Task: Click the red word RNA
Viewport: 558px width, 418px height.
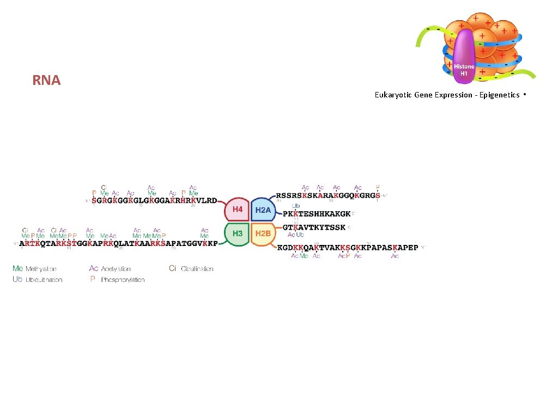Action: click(x=46, y=81)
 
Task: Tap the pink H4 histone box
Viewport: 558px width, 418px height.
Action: click(x=238, y=209)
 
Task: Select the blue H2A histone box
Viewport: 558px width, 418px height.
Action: click(x=263, y=209)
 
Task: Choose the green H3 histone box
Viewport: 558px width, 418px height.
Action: click(x=238, y=233)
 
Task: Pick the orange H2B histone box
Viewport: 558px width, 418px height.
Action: click(x=263, y=233)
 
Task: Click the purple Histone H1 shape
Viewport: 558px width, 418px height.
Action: click(x=464, y=57)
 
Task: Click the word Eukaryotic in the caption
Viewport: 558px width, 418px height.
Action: click(x=393, y=95)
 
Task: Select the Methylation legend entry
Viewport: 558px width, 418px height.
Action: click(x=35, y=268)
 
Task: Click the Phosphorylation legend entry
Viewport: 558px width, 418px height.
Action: click(x=117, y=280)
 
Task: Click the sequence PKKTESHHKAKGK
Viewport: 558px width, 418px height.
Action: click(x=317, y=214)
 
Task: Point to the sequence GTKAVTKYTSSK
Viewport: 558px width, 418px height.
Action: click(x=314, y=227)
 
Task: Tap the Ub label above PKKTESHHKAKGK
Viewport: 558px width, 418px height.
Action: click(x=295, y=206)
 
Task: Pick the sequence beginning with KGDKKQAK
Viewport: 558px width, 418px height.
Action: click(x=348, y=247)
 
